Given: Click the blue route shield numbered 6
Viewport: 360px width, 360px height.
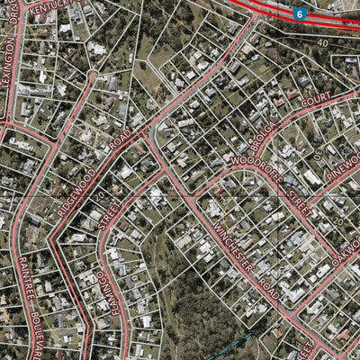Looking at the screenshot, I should tap(299, 13).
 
